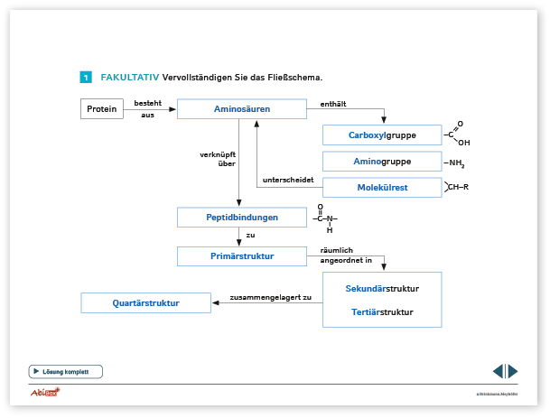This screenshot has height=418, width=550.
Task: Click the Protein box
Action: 102,109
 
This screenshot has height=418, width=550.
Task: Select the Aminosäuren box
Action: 237,109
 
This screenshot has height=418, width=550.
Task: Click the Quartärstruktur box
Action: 145,303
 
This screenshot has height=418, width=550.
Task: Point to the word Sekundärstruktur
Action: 382,289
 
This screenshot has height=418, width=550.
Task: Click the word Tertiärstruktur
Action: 382,312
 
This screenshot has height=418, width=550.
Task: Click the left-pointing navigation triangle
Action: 498,371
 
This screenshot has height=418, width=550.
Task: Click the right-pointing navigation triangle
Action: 513,371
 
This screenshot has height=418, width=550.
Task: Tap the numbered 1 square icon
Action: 86,78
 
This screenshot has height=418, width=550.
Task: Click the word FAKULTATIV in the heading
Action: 129,78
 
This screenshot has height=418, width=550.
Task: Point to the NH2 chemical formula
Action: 455,163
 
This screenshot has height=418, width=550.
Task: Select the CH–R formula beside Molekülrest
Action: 457,187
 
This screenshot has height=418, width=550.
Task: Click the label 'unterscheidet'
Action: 287,181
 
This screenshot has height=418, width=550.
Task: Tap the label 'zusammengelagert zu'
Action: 270,297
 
